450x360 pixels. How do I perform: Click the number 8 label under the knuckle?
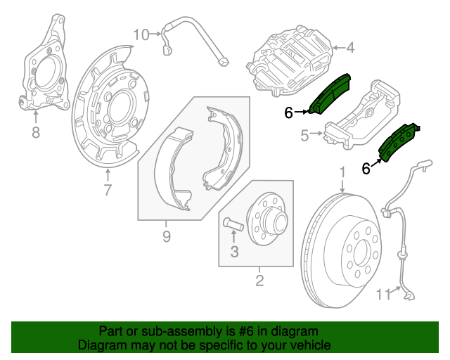tap(35, 131)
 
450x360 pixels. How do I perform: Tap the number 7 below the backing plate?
tap(107, 190)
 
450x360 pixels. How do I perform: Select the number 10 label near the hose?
tap(141, 34)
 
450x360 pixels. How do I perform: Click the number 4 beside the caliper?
tap(350, 49)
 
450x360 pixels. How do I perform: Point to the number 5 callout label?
tap(304, 136)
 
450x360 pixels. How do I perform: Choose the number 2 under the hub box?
tap(259, 282)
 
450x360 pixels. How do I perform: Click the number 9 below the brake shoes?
tap(166, 236)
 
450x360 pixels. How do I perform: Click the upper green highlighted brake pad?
tap(331, 94)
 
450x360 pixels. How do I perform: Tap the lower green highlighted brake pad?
tap(398, 143)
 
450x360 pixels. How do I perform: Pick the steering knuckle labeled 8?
tap(46, 70)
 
